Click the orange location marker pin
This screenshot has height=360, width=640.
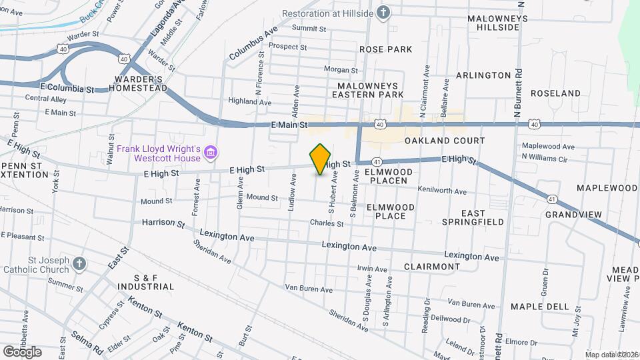pos(321,159)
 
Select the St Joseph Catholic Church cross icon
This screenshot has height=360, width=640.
pos(79,263)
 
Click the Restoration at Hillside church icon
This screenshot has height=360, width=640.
pos(383,13)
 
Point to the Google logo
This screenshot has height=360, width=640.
pos(22,351)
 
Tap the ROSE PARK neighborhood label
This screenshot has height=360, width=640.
pos(385,49)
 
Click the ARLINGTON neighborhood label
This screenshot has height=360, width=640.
pos(484,75)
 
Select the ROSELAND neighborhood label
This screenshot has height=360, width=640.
pos(555,93)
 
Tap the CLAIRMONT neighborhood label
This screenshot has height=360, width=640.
pos(431,266)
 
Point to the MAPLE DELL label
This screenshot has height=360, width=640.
pos(540,307)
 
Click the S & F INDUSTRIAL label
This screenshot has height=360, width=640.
pos(145,282)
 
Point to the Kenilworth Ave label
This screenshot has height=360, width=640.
pos(442,191)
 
